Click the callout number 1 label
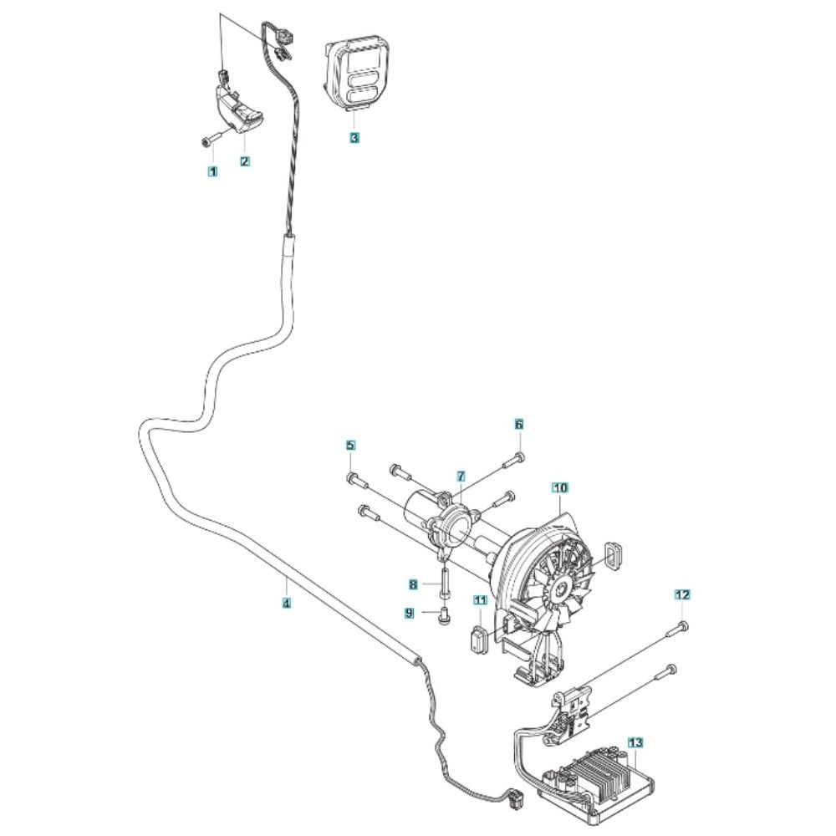click(x=212, y=171)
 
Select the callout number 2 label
click(x=245, y=161)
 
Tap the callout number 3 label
click(x=354, y=138)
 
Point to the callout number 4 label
click(x=287, y=604)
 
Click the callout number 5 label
click(x=350, y=445)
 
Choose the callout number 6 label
click(x=519, y=425)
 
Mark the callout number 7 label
click(x=461, y=476)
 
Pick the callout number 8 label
click(x=413, y=585)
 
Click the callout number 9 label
click(x=409, y=613)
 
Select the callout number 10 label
click(x=560, y=488)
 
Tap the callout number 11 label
click(x=481, y=601)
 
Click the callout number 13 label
click(x=635, y=742)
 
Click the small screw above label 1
click(x=210, y=140)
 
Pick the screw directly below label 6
click(x=512, y=461)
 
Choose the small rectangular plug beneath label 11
click(x=479, y=637)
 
